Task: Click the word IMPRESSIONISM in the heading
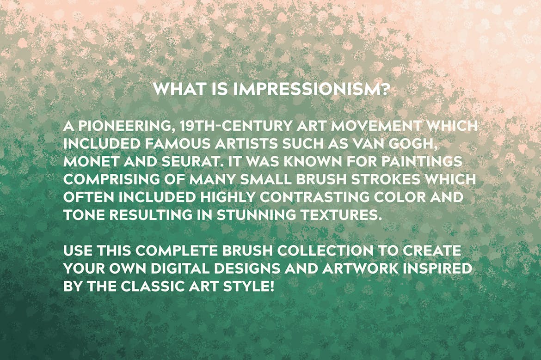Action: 305,90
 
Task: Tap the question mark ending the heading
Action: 384,90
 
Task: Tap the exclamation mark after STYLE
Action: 272,287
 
